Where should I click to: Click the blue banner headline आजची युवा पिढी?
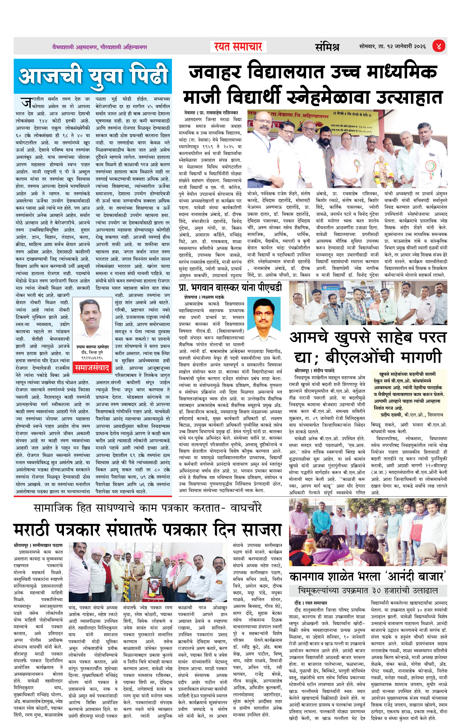(x=93, y=76)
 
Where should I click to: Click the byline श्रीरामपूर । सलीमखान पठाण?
(x=38, y=545)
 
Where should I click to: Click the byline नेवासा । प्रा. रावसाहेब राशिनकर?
(x=211, y=112)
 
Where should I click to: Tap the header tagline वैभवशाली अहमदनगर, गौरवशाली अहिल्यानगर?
(x=99, y=47)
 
